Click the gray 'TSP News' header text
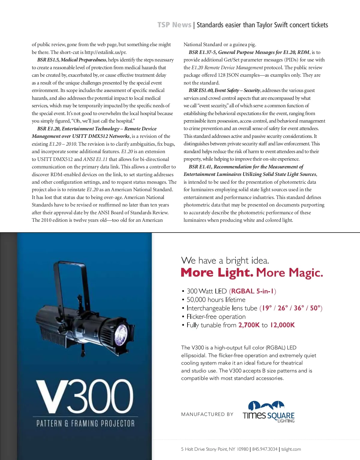click(174, 25)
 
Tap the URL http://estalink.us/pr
click(105, 52)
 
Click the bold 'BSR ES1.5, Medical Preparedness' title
click(72, 60)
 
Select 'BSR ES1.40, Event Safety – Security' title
click(224, 91)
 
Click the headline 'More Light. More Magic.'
click(252, 273)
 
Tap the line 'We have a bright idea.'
click(225, 260)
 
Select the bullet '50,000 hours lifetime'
click(216, 300)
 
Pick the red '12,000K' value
click(282, 325)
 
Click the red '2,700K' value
click(249, 325)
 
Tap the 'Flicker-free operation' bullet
click(216, 317)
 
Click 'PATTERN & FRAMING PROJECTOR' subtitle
click(85, 423)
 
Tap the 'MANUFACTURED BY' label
click(207, 414)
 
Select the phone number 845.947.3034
click(265, 449)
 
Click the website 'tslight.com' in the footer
click(291, 449)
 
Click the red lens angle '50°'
click(315, 308)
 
